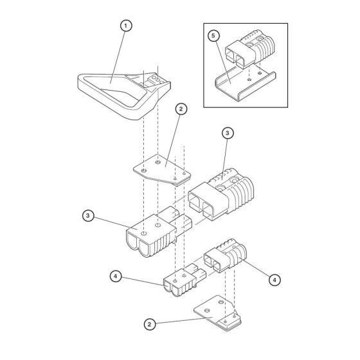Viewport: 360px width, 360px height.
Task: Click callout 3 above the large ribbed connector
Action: click(x=226, y=133)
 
